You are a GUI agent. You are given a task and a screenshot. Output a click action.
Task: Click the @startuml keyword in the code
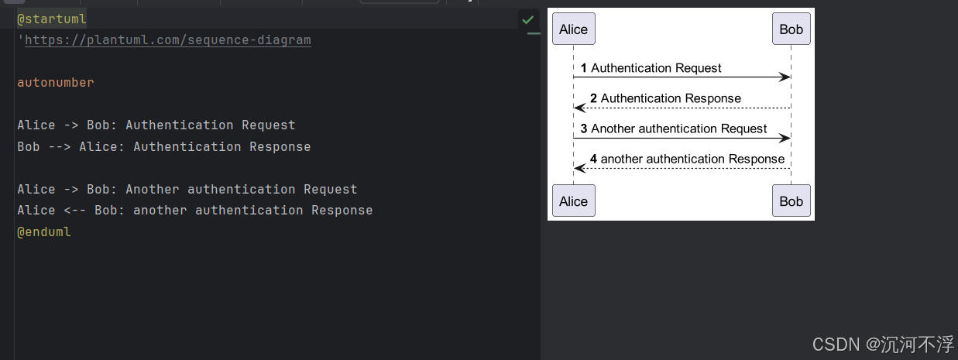tap(52, 19)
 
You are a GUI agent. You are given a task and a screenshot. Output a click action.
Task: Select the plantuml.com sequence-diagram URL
tap(167, 39)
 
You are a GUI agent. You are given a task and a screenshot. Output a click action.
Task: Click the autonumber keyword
tap(55, 82)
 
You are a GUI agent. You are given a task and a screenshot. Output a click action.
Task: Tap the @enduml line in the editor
tap(44, 231)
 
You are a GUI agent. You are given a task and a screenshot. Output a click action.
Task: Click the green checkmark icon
tap(527, 19)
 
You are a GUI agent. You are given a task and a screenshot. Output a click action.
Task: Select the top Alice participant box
tap(573, 29)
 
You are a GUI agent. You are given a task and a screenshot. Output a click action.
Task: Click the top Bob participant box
tap(791, 29)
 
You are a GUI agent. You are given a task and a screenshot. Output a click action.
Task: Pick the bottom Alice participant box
tap(573, 201)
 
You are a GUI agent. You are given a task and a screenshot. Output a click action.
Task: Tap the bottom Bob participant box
tap(791, 201)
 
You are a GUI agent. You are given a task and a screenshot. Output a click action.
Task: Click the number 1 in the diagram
tap(584, 68)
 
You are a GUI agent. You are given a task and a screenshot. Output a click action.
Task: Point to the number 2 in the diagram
tap(593, 98)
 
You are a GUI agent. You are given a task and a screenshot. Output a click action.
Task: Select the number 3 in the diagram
tap(584, 129)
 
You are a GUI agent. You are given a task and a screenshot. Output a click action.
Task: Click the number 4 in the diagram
tap(593, 159)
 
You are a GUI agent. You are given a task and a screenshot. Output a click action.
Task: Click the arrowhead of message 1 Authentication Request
tap(785, 77)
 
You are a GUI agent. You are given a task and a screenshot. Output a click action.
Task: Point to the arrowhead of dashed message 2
tap(579, 108)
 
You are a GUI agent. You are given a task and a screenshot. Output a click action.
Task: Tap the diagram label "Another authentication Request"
tap(678, 129)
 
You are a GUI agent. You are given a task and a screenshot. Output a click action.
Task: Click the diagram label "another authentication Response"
tap(692, 159)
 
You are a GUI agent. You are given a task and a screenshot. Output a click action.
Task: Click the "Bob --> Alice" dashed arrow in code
tap(60, 147)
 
